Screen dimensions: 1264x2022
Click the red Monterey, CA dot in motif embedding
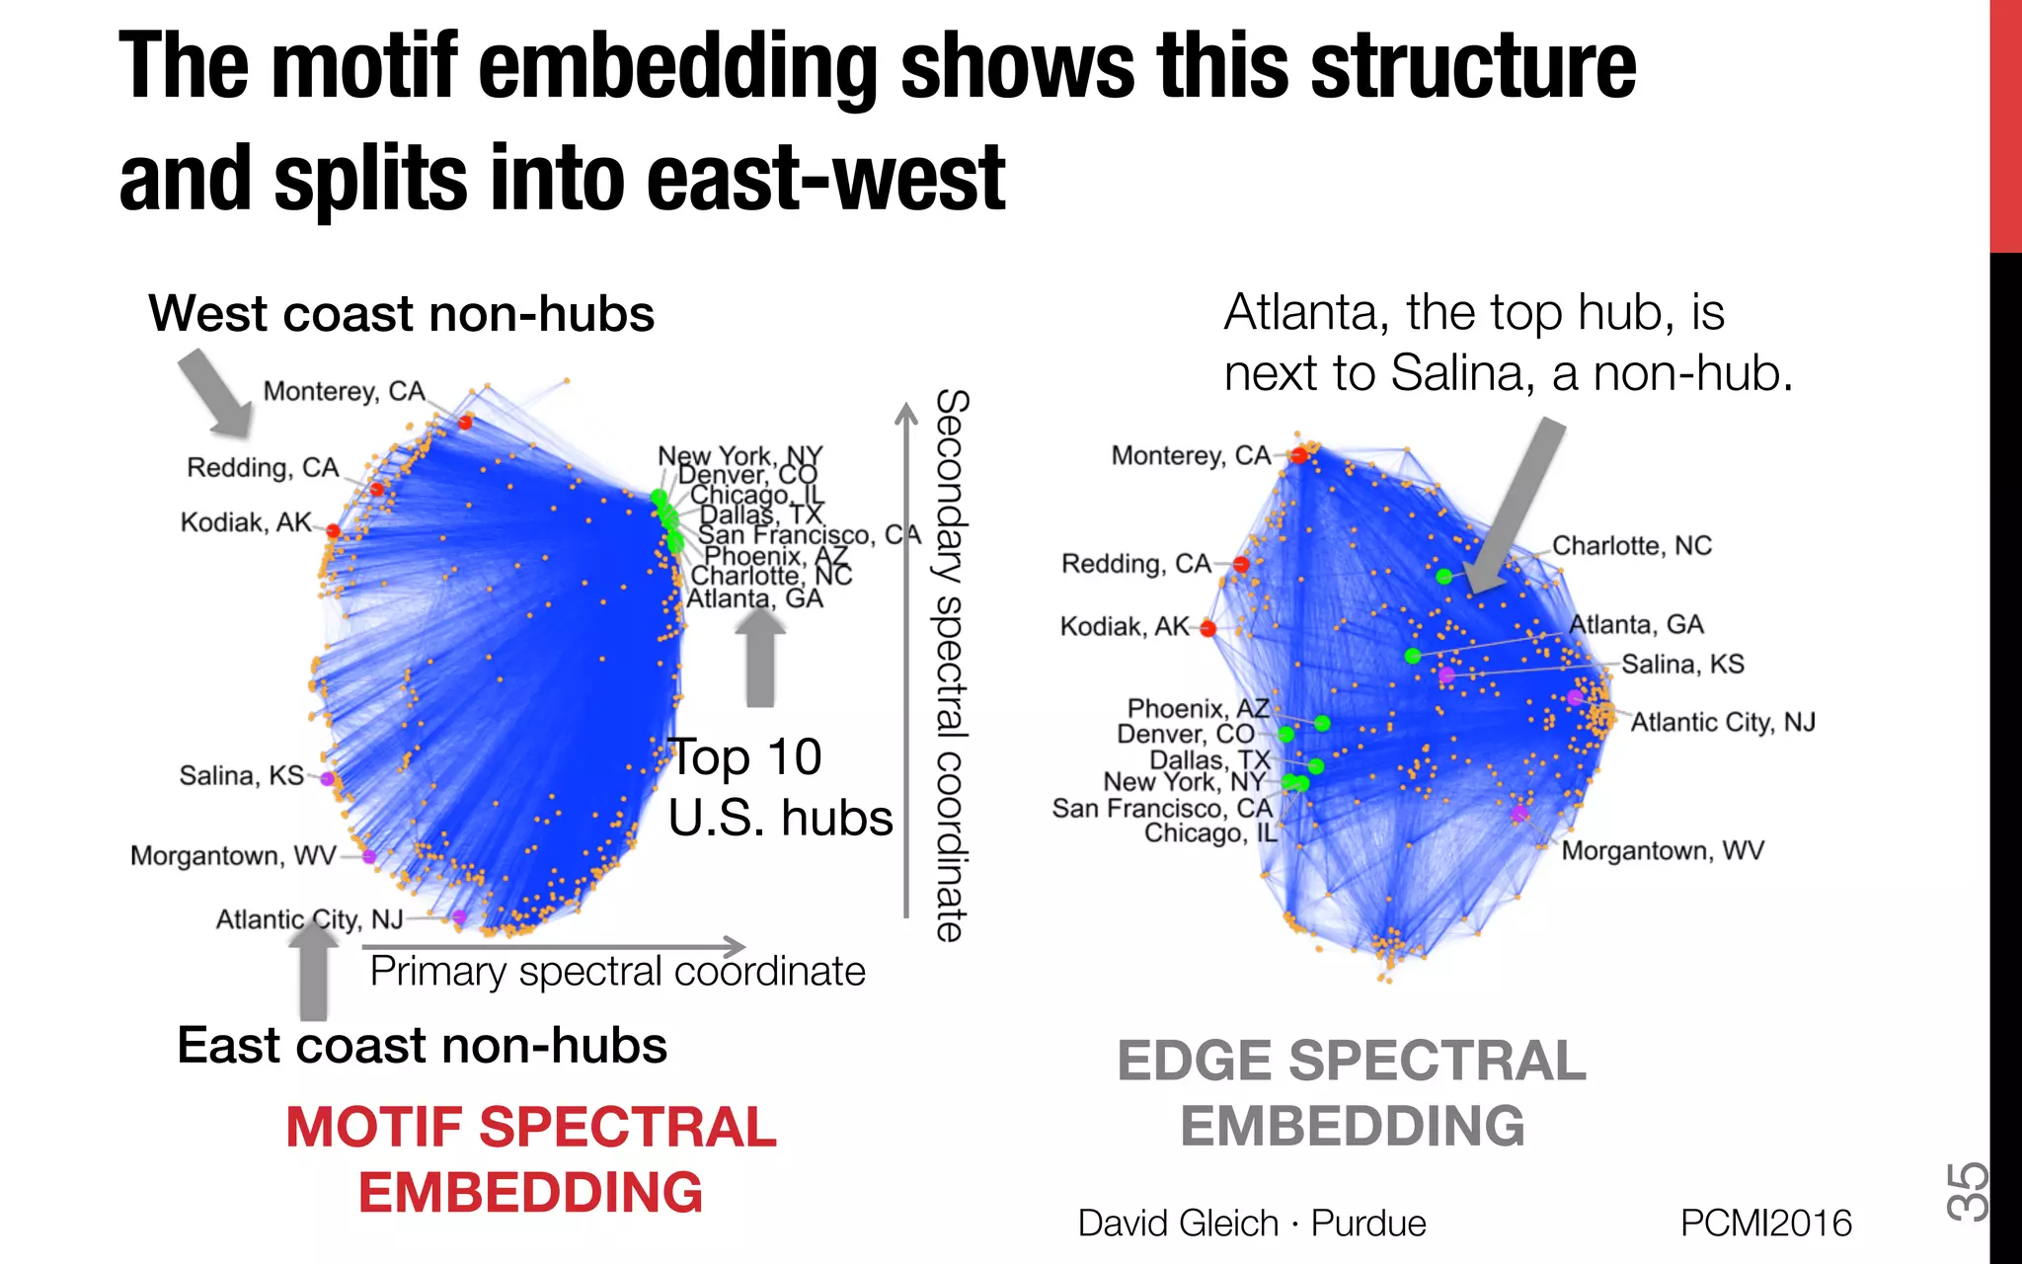tap(465, 422)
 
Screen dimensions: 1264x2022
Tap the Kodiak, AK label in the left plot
tap(246, 522)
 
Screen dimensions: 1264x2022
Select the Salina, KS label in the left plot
tap(241, 775)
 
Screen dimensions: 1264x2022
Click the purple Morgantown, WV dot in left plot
tap(369, 856)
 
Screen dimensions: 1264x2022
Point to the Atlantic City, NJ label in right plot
tap(1722, 722)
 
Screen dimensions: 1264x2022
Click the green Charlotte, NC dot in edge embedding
tap(1443, 576)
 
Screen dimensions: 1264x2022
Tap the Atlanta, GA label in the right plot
tap(1636, 624)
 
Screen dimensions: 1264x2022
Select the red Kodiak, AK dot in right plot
tap(1207, 628)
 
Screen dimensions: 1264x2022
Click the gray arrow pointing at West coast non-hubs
tap(215, 393)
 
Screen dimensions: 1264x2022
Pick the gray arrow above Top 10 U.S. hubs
tap(760, 658)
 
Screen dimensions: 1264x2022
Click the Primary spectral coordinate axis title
tap(617, 972)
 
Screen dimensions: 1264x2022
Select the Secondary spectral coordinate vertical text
tap(950, 665)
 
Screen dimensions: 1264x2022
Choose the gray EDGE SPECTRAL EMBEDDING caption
tap(1352, 1092)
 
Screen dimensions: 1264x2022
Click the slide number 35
tap(1966, 1191)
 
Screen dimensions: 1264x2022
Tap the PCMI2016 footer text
tap(1765, 1223)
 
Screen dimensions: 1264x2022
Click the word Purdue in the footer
tap(1367, 1223)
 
